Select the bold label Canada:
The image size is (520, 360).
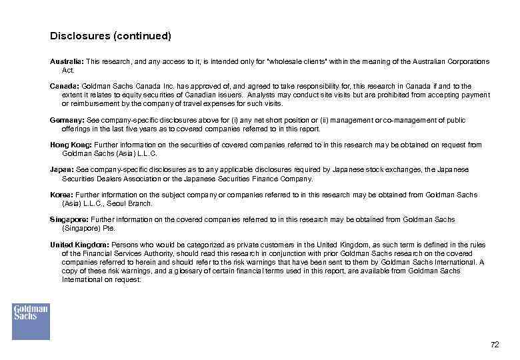[x=63, y=86]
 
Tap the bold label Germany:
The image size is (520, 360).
[x=67, y=120]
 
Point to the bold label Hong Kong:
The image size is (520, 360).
[x=71, y=145]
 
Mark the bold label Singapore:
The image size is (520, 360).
[x=69, y=219]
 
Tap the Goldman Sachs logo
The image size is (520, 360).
[x=31, y=321]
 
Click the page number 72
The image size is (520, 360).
[x=494, y=345]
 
